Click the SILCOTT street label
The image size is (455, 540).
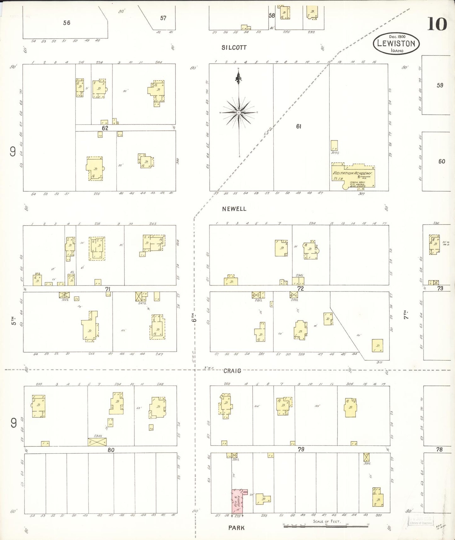point(234,48)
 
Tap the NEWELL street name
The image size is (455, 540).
point(234,209)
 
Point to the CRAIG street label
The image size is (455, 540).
point(232,371)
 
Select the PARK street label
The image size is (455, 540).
point(236,528)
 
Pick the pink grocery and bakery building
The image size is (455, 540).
point(237,501)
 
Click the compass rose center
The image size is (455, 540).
point(239,112)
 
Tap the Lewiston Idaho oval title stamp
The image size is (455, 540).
point(396,43)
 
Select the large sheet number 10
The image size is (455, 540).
point(437,24)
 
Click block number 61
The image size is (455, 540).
point(299,126)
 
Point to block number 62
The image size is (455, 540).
point(105,128)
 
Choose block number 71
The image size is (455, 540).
point(108,289)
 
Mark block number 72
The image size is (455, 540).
point(301,288)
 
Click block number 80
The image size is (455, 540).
point(111,450)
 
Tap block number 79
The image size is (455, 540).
point(301,449)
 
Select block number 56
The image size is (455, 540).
point(66,23)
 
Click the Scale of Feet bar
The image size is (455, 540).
point(326,526)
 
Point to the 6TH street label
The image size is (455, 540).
point(195,319)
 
